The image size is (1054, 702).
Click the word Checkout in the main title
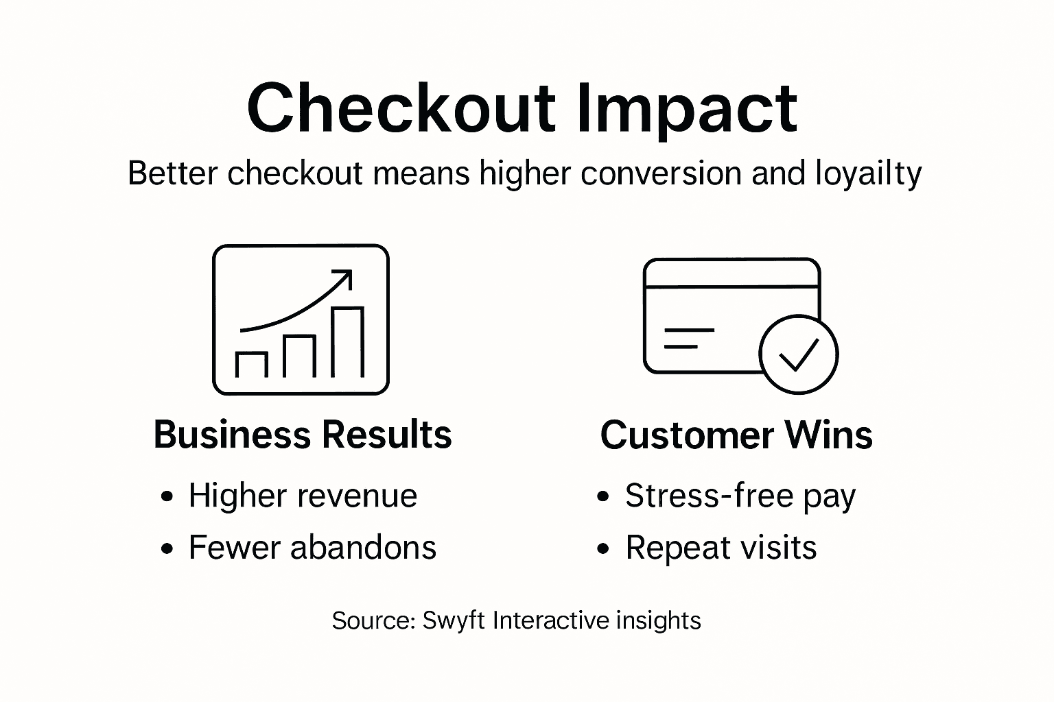click(x=401, y=108)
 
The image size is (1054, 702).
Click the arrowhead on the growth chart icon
click(x=342, y=278)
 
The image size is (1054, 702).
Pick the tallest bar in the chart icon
click(x=347, y=342)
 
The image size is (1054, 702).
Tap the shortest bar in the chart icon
click(x=251, y=364)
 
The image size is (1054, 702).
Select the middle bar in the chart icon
click(x=299, y=356)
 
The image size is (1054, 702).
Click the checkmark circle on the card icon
click(x=798, y=354)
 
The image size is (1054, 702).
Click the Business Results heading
click(x=303, y=435)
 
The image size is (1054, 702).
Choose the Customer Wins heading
click(x=736, y=435)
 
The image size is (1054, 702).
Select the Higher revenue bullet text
click(x=303, y=495)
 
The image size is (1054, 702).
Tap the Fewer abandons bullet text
click(x=312, y=547)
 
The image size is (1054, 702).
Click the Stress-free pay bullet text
click(x=740, y=496)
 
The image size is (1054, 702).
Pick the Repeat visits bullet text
click(x=721, y=547)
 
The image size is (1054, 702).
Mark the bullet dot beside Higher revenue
click(x=167, y=496)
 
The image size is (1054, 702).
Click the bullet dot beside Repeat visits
click(x=603, y=548)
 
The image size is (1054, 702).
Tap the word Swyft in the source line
click(x=454, y=620)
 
